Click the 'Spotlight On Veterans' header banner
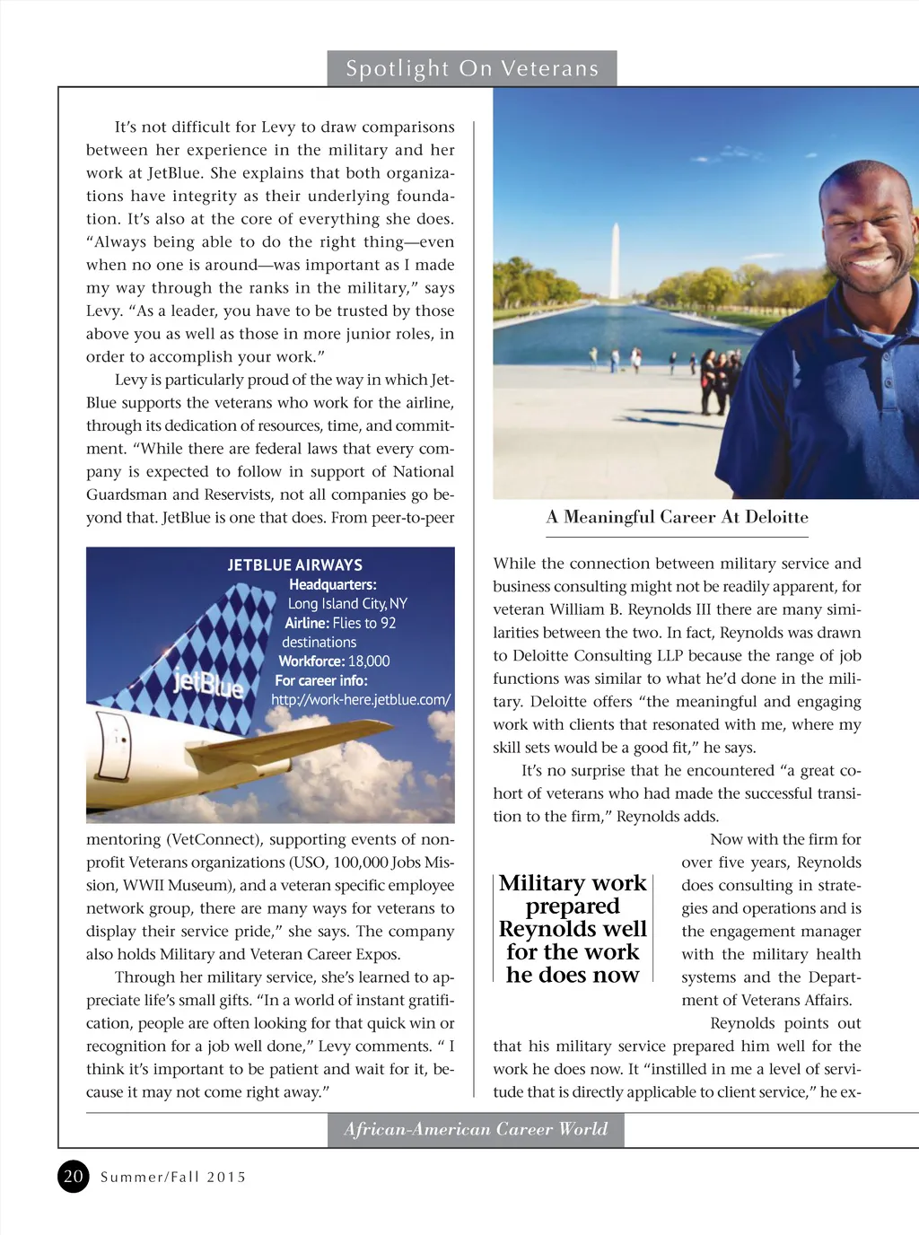(x=472, y=68)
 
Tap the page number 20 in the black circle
(x=74, y=1176)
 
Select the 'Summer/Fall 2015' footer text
(x=173, y=1177)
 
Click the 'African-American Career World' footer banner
(x=476, y=1129)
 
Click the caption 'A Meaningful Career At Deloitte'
(x=677, y=517)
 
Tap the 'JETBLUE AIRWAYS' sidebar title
(x=294, y=565)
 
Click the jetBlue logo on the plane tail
(x=208, y=684)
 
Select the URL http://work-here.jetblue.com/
(x=361, y=699)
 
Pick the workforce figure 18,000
(x=369, y=661)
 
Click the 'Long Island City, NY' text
(x=347, y=603)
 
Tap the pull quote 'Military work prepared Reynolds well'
(x=573, y=929)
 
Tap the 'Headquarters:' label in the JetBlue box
(x=332, y=584)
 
